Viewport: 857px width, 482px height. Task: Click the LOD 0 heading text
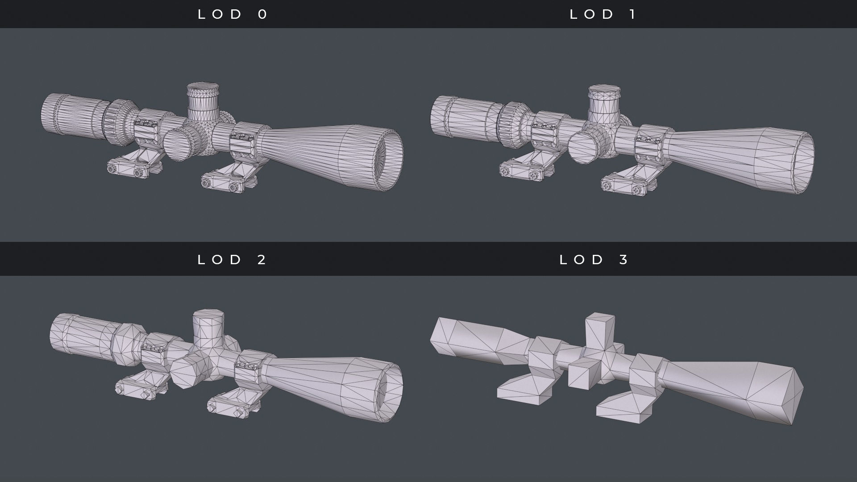pyautogui.click(x=233, y=14)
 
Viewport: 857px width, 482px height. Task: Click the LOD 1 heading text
pyautogui.click(x=603, y=14)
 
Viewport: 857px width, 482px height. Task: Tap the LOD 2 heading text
pyautogui.click(x=232, y=259)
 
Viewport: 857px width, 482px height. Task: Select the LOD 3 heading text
pyautogui.click(x=594, y=259)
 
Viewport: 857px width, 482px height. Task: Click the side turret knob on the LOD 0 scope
pyautogui.click(x=178, y=145)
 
